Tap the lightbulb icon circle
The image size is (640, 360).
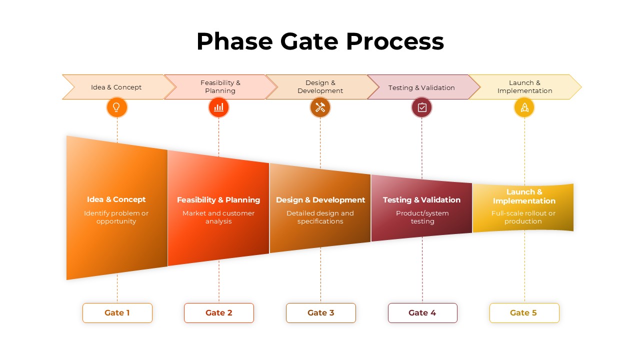point(117,107)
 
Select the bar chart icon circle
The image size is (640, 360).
point(218,107)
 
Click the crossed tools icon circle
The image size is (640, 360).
point(320,107)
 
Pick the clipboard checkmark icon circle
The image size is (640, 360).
point(421,107)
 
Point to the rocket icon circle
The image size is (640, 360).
point(524,107)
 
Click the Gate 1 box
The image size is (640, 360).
point(117,313)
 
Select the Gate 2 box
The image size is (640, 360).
point(219,313)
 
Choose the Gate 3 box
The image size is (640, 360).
point(320,313)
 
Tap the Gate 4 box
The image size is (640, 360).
point(422,313)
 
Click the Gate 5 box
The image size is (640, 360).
point(524,313)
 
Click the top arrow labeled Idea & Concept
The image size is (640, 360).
point(116,87)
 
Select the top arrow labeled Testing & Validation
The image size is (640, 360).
point(421,87)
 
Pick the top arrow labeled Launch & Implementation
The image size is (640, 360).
point(524,87)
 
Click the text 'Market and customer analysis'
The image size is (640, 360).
point(218,217)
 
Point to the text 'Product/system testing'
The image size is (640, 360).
point(422,217)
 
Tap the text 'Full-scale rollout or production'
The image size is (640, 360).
point(523,217)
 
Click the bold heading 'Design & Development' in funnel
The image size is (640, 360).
point(320,200)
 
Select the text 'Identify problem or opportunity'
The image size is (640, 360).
point(116,217)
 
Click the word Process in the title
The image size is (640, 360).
point(394,41)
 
